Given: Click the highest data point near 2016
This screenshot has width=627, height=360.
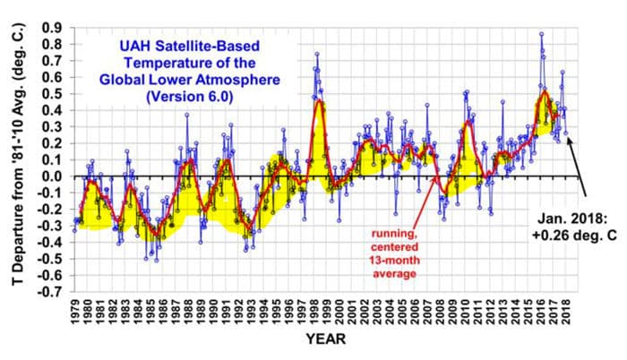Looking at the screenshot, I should pyautogui.click(x=541, y=34).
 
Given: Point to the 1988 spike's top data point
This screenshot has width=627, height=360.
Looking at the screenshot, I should pyautogui.click(x=187, y=115).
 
